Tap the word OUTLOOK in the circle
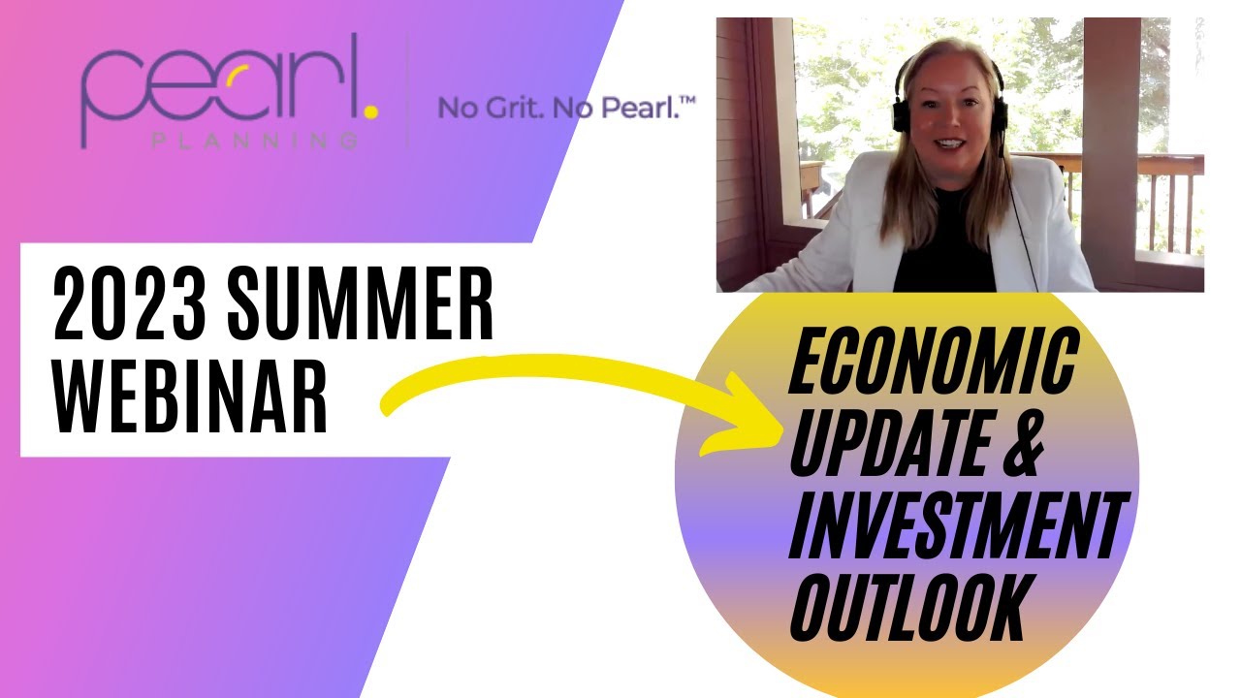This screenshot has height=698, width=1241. point(907,607)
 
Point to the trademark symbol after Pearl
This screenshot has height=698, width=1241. point(687,100)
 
